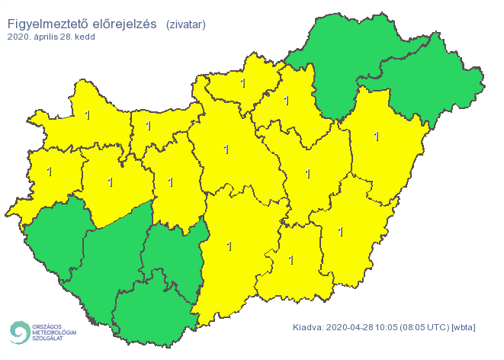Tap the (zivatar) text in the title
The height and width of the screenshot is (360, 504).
click(185, 24)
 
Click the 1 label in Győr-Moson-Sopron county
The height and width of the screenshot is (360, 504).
click(87, 116)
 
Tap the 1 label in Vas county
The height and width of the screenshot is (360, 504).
click(50, 171)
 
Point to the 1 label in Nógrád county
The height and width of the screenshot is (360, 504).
click(242, 83)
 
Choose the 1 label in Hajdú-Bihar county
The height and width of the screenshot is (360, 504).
click(376, 137)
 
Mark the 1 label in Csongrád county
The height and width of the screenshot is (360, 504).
click(291, 260)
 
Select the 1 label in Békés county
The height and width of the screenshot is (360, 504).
click(340, 232)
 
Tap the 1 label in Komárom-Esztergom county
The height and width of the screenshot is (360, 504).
click(148, 126)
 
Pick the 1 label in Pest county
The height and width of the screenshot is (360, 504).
click(226, 149)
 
